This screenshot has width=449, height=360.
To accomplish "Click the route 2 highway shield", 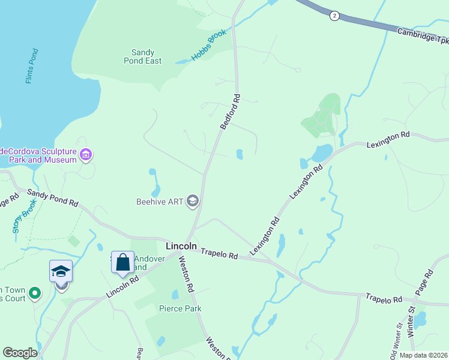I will click(x=334, y=16).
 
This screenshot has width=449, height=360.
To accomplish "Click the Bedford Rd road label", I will click(x=230, y=112).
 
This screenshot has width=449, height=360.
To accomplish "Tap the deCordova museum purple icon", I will click(x=86, y=156).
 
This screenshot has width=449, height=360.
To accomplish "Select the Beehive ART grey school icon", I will click(x=193, y=200).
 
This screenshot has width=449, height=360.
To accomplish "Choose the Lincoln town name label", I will click(x=181, y=246).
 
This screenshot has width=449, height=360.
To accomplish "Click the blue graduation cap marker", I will click(x=61, y=271).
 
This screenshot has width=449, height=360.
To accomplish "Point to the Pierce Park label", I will click(x=180, y=308).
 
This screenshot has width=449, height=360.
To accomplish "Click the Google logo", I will click(x=20, y=353).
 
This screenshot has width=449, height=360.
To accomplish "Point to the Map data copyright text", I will click(x=424, y=355).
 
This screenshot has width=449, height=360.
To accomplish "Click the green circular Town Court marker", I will click(x=35, y=294).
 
